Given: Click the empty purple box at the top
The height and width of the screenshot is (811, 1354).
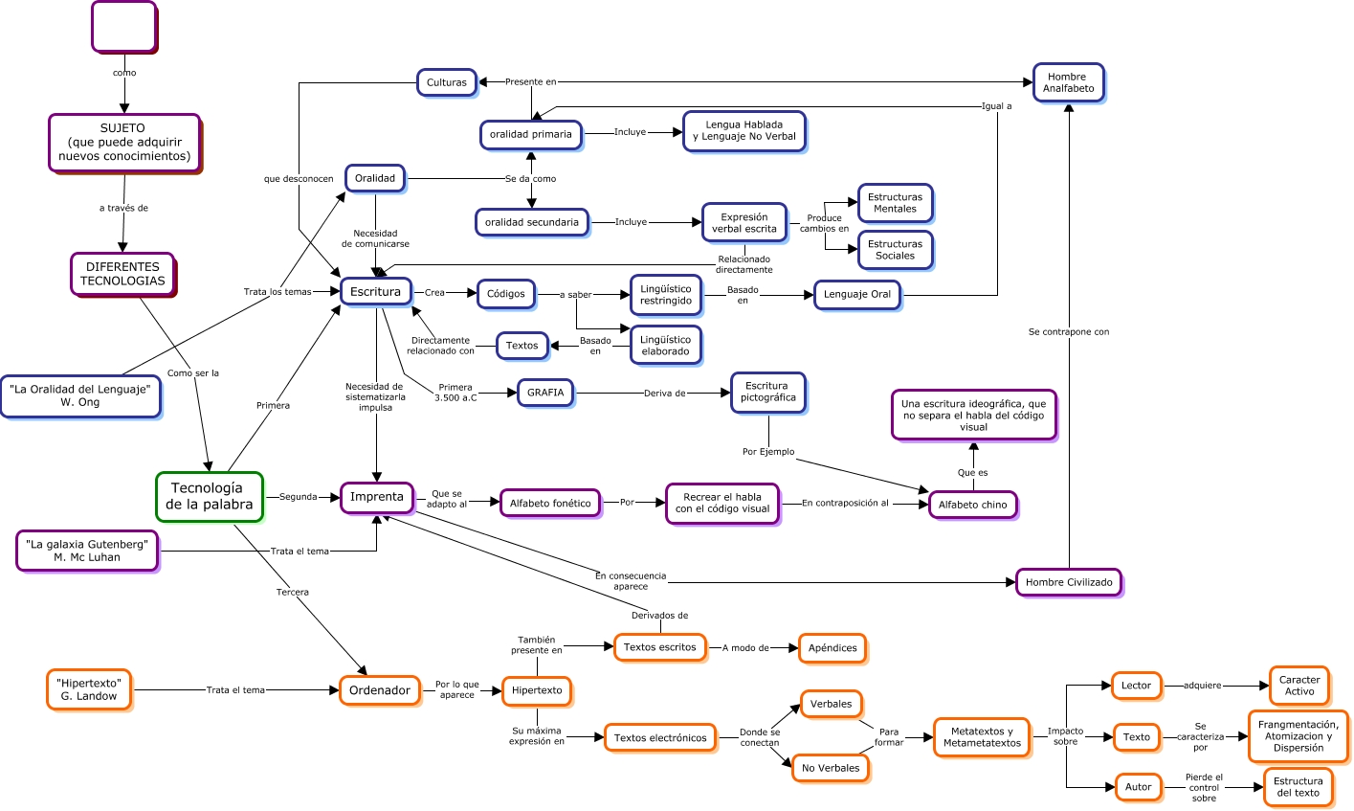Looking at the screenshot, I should click(123, 27).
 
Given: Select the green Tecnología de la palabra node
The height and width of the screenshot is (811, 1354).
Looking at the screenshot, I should click(209, 496).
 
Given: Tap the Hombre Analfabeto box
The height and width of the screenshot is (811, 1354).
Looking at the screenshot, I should click(1068, 83).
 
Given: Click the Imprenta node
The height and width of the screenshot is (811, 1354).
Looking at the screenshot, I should click(377, 497).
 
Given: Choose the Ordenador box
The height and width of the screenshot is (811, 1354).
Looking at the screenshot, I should click(379, 690).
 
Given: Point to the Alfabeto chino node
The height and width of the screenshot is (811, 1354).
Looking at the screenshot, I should click(972, 505).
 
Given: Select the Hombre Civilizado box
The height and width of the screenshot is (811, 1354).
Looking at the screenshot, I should click(1068, 582).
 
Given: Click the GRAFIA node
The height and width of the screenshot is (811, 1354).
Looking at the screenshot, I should click(545, 393).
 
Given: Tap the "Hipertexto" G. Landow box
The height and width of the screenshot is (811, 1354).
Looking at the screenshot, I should click(89, 689).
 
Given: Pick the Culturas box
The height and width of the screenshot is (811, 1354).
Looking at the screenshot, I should click(446, 82).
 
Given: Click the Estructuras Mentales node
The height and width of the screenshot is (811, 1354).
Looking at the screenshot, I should click(895, 203).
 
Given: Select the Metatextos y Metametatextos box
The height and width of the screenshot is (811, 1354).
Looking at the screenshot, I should click(982, 737).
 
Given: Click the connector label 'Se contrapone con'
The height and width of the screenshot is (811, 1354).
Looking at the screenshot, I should click(1068, 332).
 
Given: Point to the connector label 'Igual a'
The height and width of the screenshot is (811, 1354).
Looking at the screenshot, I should click(996, 106).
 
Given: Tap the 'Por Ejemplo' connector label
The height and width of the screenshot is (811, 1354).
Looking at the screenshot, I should click(768, 452).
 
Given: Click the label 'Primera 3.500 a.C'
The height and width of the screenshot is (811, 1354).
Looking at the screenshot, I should click(455, 393).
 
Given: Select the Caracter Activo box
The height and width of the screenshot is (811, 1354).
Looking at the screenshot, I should click(1299, 686).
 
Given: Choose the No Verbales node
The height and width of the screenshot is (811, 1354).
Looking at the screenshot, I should click(830, 768).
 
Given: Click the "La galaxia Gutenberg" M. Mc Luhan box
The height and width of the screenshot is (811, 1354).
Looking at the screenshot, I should click(87, 551).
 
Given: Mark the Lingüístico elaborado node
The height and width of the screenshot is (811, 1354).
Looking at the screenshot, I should click(665, 346).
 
